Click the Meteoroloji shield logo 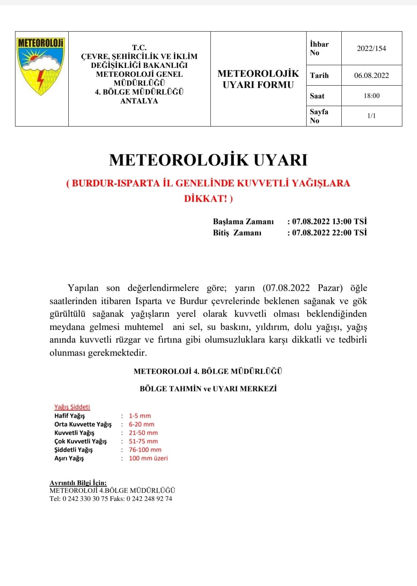tap(41, 66)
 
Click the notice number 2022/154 tap(371, 48)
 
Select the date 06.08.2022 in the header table tap(371, 75)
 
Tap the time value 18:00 tap(371, 96)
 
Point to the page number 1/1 tap(371, 116)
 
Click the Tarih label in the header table tap(319, 76)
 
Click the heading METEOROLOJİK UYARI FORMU tap(258, 79)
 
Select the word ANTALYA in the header tap(139, 101)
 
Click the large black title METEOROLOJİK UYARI tap(208, 160)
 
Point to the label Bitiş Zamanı tap(237, 233)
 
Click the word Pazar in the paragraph tap(330, 288)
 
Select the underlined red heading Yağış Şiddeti tap(72, 407)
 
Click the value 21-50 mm tap(143, 433)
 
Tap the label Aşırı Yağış tap(69, 458)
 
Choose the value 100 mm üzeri tap(148, 458)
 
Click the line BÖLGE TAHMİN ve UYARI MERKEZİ tap(208, 389)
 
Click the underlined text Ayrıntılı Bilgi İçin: tap(78, 483)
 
